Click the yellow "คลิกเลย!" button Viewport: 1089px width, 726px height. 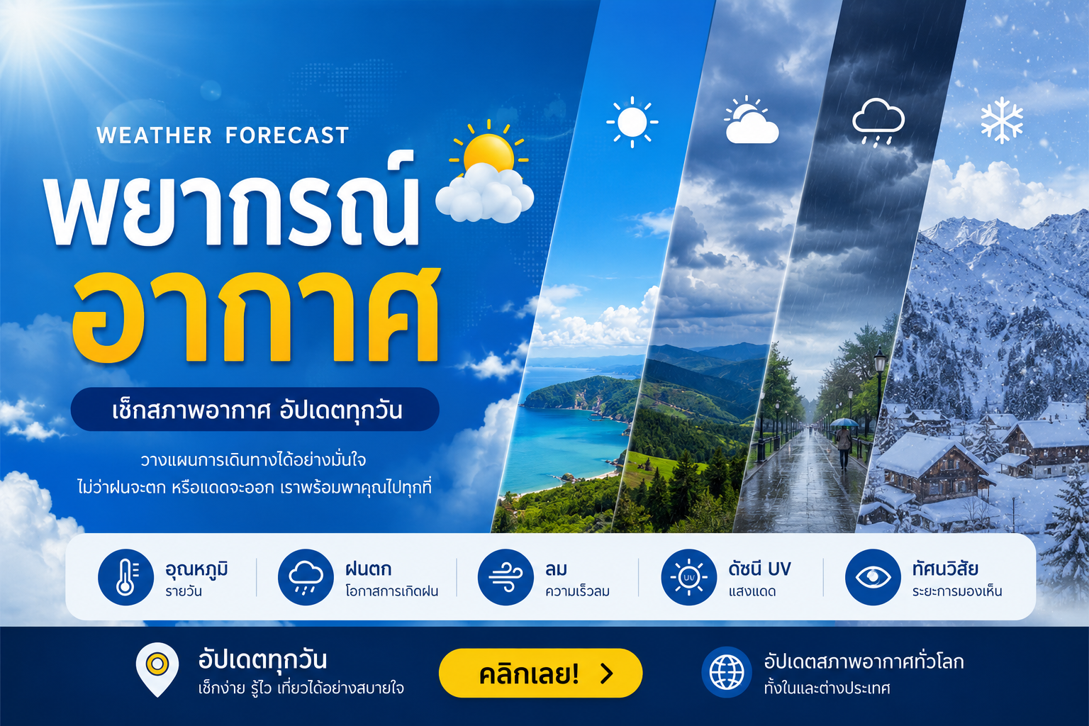point(541,673)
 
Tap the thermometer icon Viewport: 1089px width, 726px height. point(126,577)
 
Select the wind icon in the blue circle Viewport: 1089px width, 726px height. point(506,577)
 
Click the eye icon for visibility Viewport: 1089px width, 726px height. point(873,577)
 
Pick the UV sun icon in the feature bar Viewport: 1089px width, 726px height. point(689,577)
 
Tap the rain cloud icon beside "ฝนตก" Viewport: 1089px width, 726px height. point(306,577)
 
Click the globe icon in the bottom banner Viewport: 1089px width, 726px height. point(727,673)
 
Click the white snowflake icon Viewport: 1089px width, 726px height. point(1002,120)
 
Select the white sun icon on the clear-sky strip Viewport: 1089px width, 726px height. point(632,122)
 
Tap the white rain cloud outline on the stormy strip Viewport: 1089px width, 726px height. point(878,121)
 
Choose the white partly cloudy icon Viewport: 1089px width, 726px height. point(752,120)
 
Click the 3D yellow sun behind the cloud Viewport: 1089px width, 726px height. point(488,151)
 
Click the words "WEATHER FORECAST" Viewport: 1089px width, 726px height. point(223,135)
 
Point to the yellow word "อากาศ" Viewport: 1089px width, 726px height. point(256,315)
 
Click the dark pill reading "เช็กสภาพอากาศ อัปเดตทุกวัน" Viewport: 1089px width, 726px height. point(255,410)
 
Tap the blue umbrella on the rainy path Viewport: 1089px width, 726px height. point(844,422)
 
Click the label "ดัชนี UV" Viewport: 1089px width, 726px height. point(759,569)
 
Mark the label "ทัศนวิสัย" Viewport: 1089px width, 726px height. point(944,569)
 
